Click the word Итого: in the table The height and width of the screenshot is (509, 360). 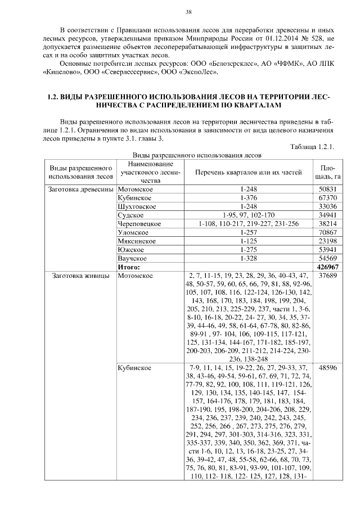coord(129,267)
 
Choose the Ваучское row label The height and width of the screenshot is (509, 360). coord(132,258)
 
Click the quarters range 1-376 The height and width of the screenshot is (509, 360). coord(248,199)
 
